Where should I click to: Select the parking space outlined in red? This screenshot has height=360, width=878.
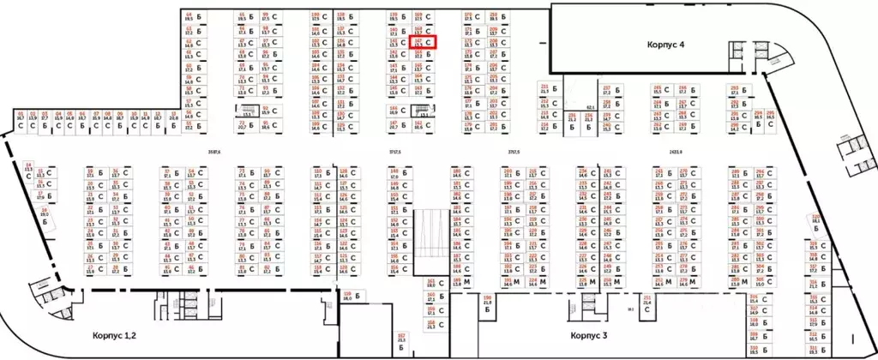(424, 40)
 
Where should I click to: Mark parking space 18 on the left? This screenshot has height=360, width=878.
(43, 211)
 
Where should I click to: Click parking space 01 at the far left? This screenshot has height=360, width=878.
(21, 118)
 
